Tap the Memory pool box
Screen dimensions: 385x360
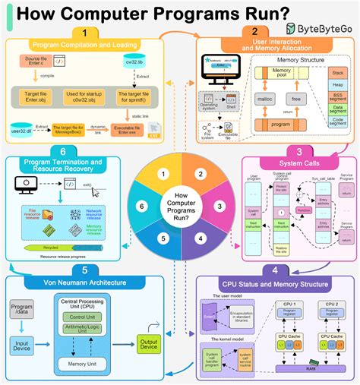tap(281, 73)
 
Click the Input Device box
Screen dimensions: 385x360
tap(22, 346)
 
